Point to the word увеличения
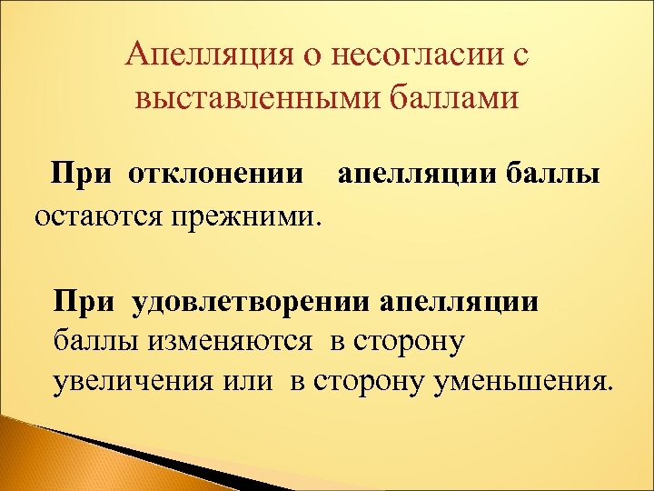click(x=129, y=380)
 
